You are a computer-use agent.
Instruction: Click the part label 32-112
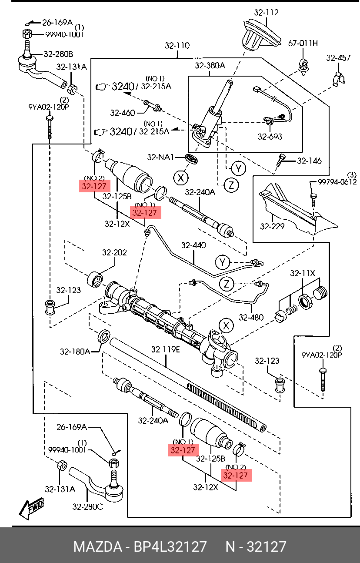point(266,13)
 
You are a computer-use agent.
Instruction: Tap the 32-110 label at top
point(177,45)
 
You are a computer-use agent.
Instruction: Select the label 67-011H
point(303,43)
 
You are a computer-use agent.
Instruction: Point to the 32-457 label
point(338,57)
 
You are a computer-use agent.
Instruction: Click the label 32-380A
point(210,66)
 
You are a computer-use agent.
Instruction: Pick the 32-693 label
point(270,137)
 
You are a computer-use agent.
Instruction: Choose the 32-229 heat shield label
point(272,226)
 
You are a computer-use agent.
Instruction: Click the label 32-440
point(193,245)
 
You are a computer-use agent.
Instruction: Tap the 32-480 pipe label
point(251,317)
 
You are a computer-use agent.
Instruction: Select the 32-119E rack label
point(166,349)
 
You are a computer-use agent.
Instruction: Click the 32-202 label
point(114,252)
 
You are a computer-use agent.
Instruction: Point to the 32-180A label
point(75,351)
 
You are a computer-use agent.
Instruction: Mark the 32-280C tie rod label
point(87,506)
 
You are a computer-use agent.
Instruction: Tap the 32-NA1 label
point(160,157)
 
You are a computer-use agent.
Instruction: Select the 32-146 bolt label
point(309,161)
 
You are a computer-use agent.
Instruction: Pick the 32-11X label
point(302,273)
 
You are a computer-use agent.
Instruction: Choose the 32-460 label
point(122,113)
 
